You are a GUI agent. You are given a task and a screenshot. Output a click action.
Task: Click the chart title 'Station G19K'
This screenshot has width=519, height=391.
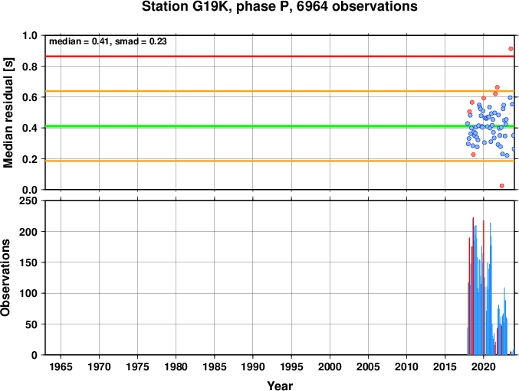(x=187, y=7)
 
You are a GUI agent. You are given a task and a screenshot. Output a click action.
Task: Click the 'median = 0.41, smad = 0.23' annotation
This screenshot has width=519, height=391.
(x=108, y=41)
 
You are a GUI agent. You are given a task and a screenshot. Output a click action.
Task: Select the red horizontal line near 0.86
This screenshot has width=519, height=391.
(x=280, y=57)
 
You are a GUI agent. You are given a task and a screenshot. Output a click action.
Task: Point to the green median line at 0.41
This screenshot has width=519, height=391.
(x=280, y=126)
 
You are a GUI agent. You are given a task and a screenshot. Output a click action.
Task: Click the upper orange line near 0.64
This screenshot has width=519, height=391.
(x=280, y=91)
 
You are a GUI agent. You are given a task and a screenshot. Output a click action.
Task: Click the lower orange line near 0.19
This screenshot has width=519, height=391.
(x=280, y=161)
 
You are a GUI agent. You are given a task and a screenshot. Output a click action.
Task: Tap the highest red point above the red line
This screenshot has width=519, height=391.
(x=511, y=49)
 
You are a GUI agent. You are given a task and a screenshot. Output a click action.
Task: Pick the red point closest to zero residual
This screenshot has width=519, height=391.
(x=502, y=186)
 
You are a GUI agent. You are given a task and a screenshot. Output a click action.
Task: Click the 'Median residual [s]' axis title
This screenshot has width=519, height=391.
(x=8, y=112)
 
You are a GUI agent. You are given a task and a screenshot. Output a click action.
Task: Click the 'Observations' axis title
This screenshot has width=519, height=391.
(x=5, y=278)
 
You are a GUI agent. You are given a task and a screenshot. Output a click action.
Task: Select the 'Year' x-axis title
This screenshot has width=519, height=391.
(x=280, y=386)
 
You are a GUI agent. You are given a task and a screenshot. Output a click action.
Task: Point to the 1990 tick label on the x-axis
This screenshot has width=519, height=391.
(x=253, y=367)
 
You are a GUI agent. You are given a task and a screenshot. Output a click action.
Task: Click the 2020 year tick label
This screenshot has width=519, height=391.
(x=484, y=367)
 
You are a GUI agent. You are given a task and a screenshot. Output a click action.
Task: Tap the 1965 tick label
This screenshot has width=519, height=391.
(x=61, y=367)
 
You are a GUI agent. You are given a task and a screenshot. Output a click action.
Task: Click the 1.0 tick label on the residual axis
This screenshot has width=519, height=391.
(x=30, y=35)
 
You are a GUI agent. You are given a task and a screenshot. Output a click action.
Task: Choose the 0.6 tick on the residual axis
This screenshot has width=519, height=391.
(x=30, y=97)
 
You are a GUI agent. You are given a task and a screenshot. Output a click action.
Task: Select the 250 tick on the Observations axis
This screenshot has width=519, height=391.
(x=28, y=200)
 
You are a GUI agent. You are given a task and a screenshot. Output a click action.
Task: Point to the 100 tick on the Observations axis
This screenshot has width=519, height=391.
(x=28, y=293)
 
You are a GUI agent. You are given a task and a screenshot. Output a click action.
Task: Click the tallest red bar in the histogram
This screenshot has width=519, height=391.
(x=473, y=286)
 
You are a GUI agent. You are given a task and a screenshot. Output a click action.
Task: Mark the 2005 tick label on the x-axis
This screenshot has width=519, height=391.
(x=368, y=367)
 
